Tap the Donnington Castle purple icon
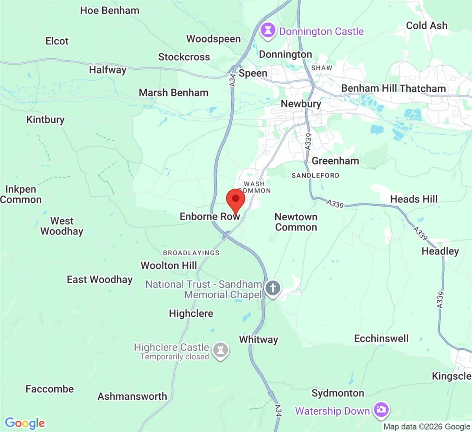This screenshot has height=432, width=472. coord(268,30)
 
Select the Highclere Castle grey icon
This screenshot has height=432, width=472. coord(220,349)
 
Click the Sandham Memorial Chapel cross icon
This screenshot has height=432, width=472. coord(273,288)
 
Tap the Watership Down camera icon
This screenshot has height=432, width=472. coord(380,410)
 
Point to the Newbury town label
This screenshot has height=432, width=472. coord(301,104)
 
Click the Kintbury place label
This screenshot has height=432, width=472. coord(45,120)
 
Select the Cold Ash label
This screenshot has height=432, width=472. coord(427,26)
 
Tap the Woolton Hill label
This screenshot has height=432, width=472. coord(169,266)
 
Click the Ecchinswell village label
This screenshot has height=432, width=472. coord(381,339)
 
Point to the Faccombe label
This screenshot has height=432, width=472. coord(50,389)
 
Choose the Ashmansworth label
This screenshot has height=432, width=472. coord(132,396)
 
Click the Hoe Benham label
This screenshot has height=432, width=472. coord(110,11)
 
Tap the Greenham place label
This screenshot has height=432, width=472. coord(335,161)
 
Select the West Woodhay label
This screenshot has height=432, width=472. coord(62,226)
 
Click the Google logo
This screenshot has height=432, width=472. coord(25,423)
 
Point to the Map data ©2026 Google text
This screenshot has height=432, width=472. coord(427,427)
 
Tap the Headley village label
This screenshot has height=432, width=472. coord(440,251)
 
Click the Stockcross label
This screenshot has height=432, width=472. coord(184,57)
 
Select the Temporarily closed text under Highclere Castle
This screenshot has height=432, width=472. coord(175,357)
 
